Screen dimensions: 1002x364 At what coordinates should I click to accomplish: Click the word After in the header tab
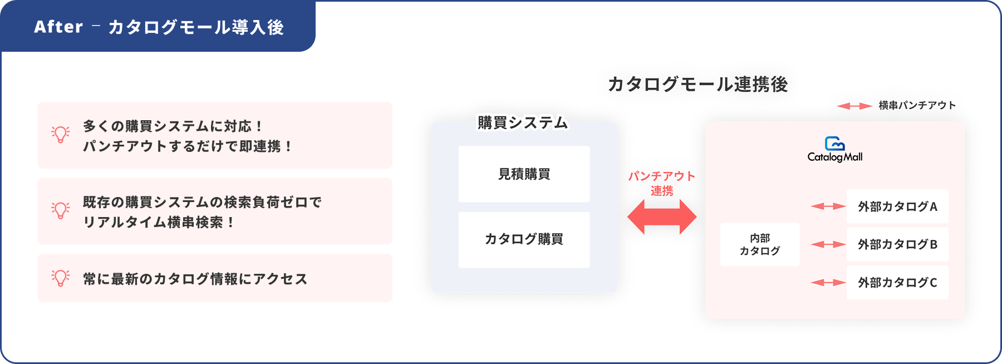tap(58, 27)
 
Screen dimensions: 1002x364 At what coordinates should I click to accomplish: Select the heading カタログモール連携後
tap(698, 84)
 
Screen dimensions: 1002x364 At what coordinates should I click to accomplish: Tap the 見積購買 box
tap(524, 174)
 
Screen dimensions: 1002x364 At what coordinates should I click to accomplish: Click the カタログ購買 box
tap(524, 239)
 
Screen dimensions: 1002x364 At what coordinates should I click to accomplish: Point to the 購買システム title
tap(523, 122)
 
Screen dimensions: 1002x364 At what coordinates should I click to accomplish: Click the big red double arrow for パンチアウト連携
tap(662, 217)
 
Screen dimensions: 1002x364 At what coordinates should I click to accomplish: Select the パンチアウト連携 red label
tap(662, 183)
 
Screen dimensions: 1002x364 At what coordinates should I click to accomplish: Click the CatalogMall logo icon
tap(835, 143)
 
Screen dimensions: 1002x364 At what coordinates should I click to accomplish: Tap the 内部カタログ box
tap(760, 244)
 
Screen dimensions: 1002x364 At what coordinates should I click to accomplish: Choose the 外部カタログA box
tap(897, 206)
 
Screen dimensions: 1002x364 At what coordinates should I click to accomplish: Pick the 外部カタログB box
tap(897, 244)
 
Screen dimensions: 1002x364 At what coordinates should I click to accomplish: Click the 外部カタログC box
tap(897, 283)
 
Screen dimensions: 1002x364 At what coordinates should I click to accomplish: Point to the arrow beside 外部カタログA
tap(828, 206)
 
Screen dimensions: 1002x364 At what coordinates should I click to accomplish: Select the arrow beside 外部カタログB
tap(828, 244)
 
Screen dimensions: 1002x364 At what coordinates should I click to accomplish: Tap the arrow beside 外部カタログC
tap(828, 283)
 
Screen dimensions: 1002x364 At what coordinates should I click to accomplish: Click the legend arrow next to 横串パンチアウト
tap(854, 106)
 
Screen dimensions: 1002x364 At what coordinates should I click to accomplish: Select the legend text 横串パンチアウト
tap(917, 105)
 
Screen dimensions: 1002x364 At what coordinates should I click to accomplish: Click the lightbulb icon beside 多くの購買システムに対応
tap(61, 135)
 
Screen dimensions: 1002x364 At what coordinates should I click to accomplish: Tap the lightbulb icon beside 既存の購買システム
tap(61, 210)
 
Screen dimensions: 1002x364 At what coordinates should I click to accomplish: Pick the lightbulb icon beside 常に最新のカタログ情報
tap(61, 278)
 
